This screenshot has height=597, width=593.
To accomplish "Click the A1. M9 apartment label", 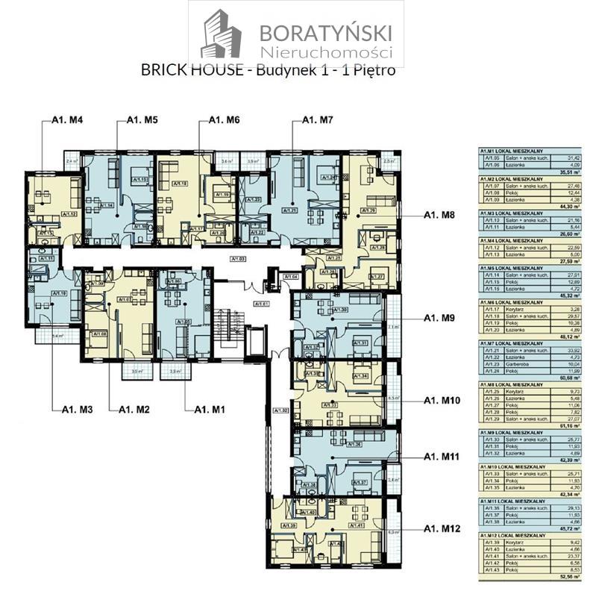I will (442, 318).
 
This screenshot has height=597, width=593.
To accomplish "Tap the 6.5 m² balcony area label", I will (392, 398).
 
